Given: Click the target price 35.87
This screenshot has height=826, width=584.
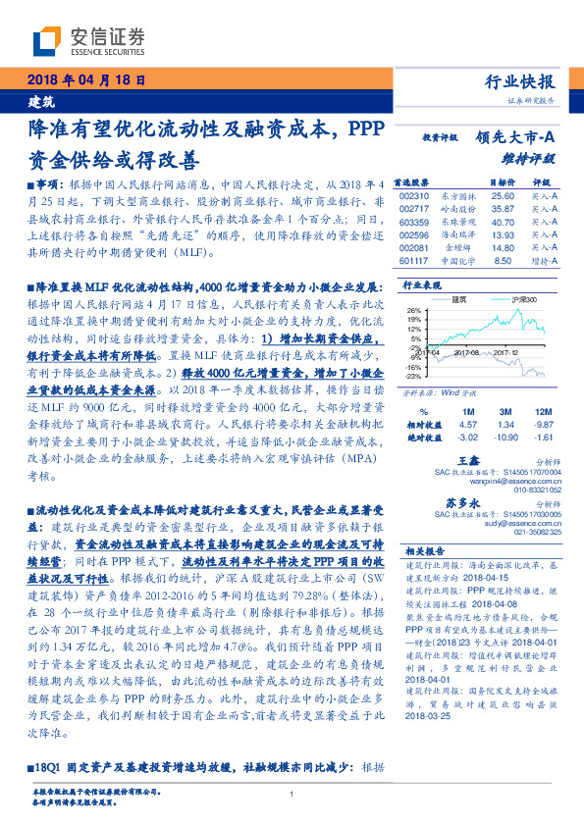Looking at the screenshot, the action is tap(475, 209).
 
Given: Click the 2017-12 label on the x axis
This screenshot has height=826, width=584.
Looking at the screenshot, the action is tap(505, 348).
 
